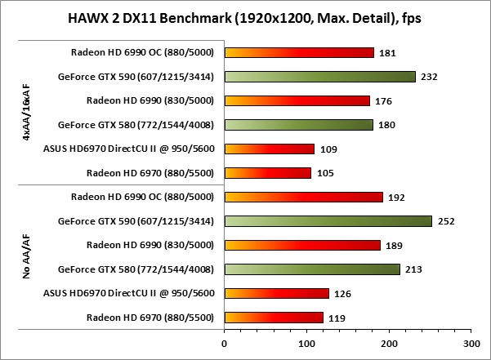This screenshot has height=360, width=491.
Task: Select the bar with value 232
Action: [x=319, y=77]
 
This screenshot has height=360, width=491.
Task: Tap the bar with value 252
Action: [x=328, y=221]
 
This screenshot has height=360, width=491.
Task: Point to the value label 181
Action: [x=388, y=53]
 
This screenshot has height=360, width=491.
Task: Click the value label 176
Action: [x=384, y=101]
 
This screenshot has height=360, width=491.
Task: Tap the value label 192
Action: [x=397, y=198]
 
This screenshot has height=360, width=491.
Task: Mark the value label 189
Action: [x=395, y=246]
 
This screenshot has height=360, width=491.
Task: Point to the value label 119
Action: [x=337, y=318]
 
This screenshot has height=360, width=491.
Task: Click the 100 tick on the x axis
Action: [x=306, y=343]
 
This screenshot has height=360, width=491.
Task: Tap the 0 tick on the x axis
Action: [x=224, y=343]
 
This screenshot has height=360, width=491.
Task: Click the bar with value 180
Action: [x=298, y=125]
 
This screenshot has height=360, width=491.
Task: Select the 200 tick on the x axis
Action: [x=389, y=343]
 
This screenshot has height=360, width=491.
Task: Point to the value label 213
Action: [x=414, y=269]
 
